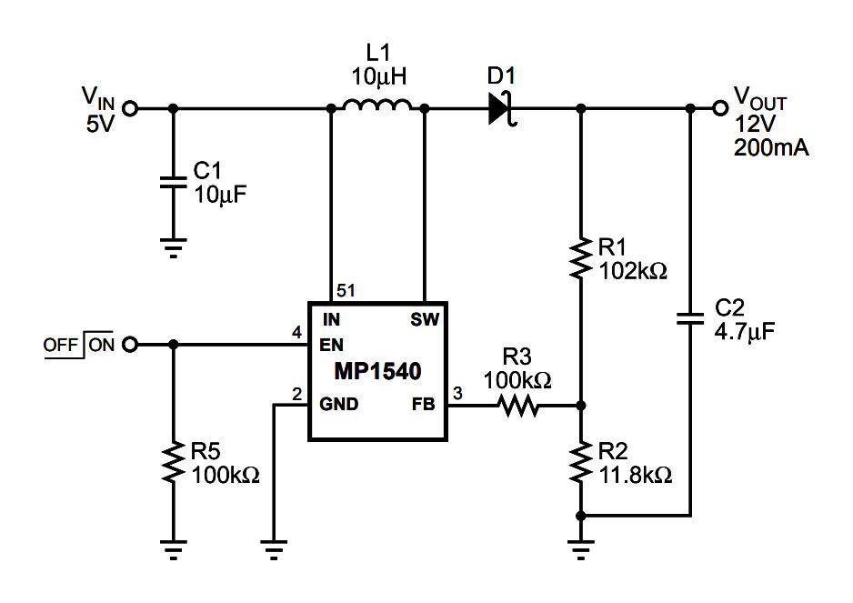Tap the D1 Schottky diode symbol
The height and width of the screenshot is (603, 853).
[499, 108]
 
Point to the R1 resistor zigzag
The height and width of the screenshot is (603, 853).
[580, 258]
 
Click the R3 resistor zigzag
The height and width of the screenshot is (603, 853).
[518, 406]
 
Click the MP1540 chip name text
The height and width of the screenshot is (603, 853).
[376, 371]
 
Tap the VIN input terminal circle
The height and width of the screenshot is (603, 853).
[130, 108]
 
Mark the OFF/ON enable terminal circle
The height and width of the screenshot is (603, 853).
[130, 345]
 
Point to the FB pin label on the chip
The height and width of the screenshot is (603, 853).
[425, 404]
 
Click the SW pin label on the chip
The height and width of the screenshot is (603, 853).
[423, 320]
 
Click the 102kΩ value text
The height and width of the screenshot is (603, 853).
[633, 270]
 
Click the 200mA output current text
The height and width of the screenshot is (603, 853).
[771, 147]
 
